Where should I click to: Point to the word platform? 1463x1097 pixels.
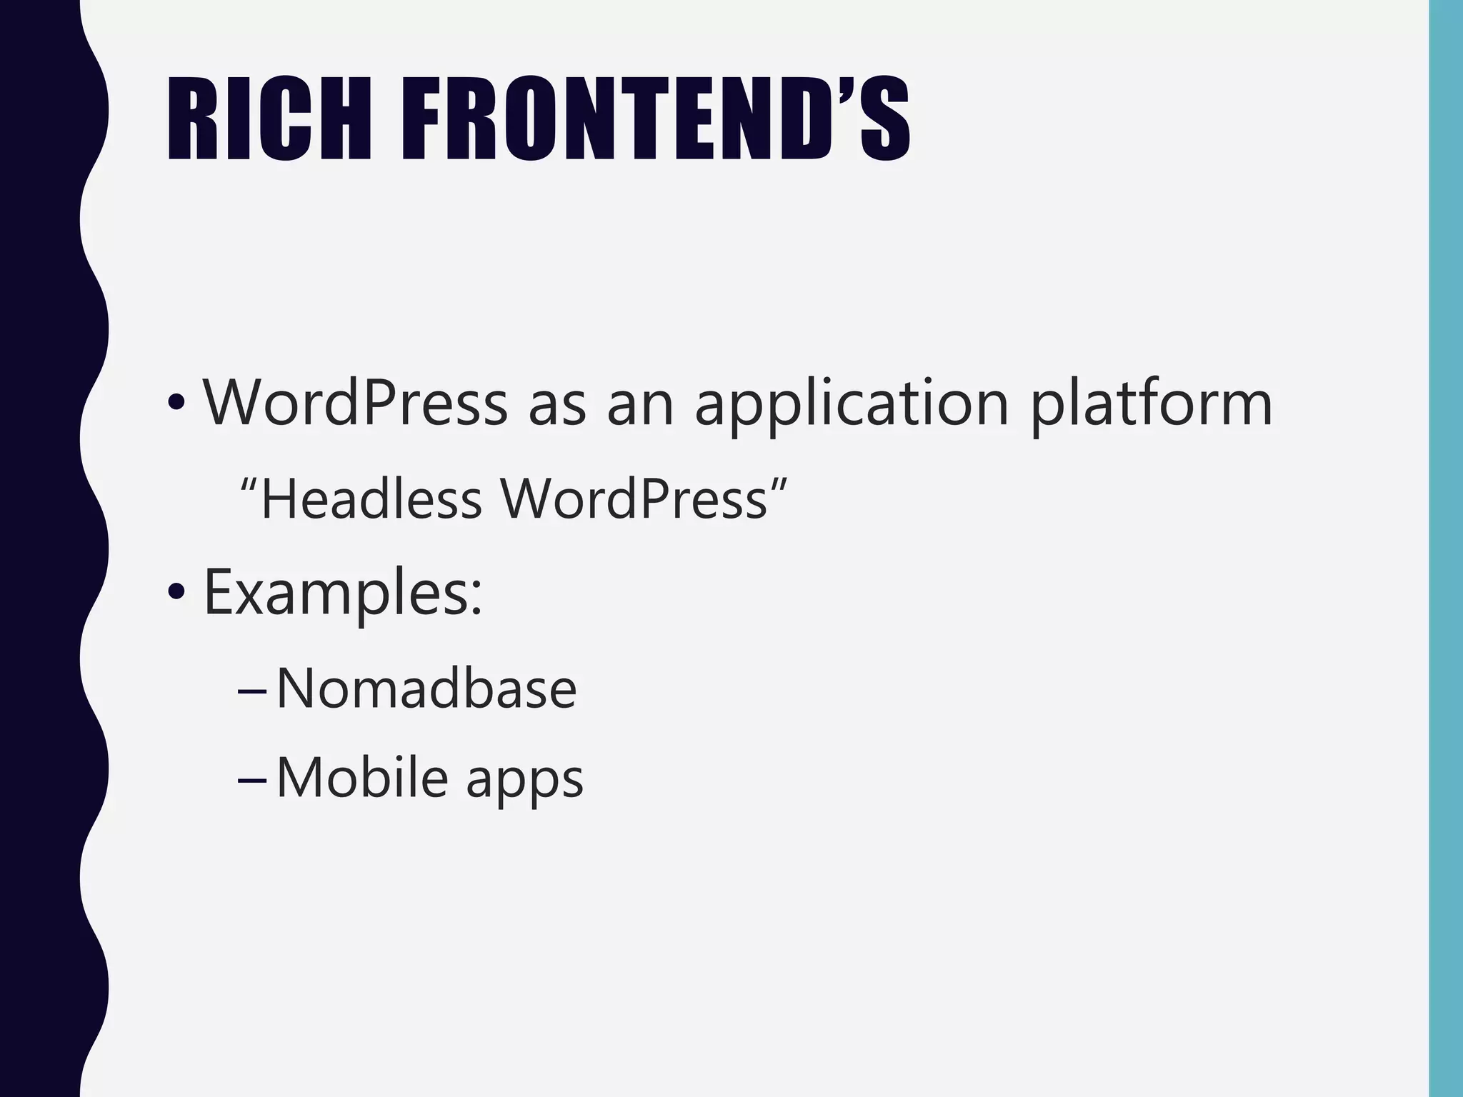point(1152,404)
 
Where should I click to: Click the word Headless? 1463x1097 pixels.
point(371,499)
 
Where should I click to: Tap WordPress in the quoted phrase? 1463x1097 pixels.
point(634,499)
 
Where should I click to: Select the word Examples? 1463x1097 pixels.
point(344,593)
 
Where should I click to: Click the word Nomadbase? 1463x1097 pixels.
point(426,688)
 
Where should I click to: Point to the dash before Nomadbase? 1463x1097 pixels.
point(251,692)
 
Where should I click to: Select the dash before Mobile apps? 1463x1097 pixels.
point(251,781)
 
